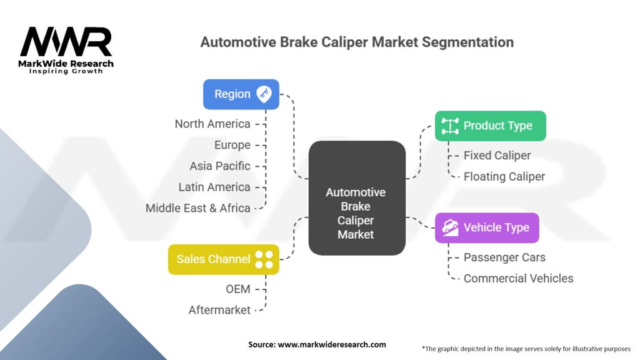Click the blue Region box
[x=241, y=94]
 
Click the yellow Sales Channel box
[x=223, y=259]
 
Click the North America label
[x=212, y=124]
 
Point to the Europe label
[x=232, y=145]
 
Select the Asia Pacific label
[x=220, y=166]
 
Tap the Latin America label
[x=214, y=187]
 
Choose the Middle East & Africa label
[x=198, y=208]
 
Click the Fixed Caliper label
[x=497, y=156]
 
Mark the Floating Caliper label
[x=504, y=176]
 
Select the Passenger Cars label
[x=504, y=257]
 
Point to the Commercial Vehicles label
[x=518, y=278]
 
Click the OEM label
[x=238, y=289]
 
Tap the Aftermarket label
[x=219, y=310]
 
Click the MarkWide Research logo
[x=67, y=49]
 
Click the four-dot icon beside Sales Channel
[x=264, y=259]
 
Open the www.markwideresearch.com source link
[x=331, y=344]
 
